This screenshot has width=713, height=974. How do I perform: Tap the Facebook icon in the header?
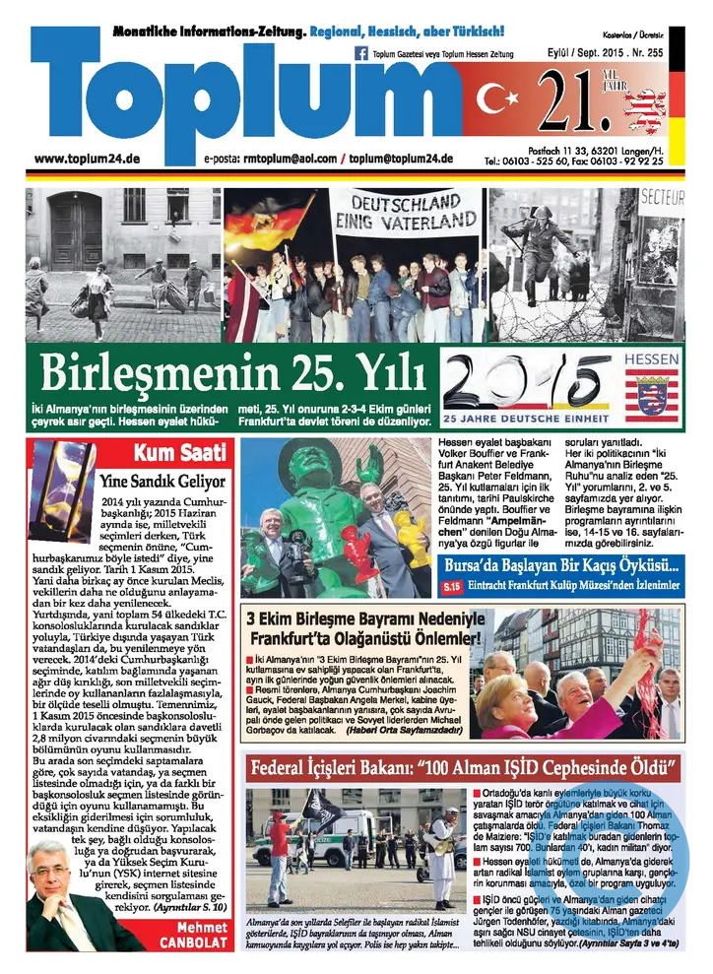point(360,54)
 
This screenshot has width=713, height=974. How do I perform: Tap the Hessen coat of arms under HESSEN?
point(652,396)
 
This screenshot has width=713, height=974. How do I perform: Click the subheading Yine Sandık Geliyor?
point(163,482)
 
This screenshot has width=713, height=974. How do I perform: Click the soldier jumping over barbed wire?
point(538,246)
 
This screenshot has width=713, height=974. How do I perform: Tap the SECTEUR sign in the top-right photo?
point(662,197)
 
